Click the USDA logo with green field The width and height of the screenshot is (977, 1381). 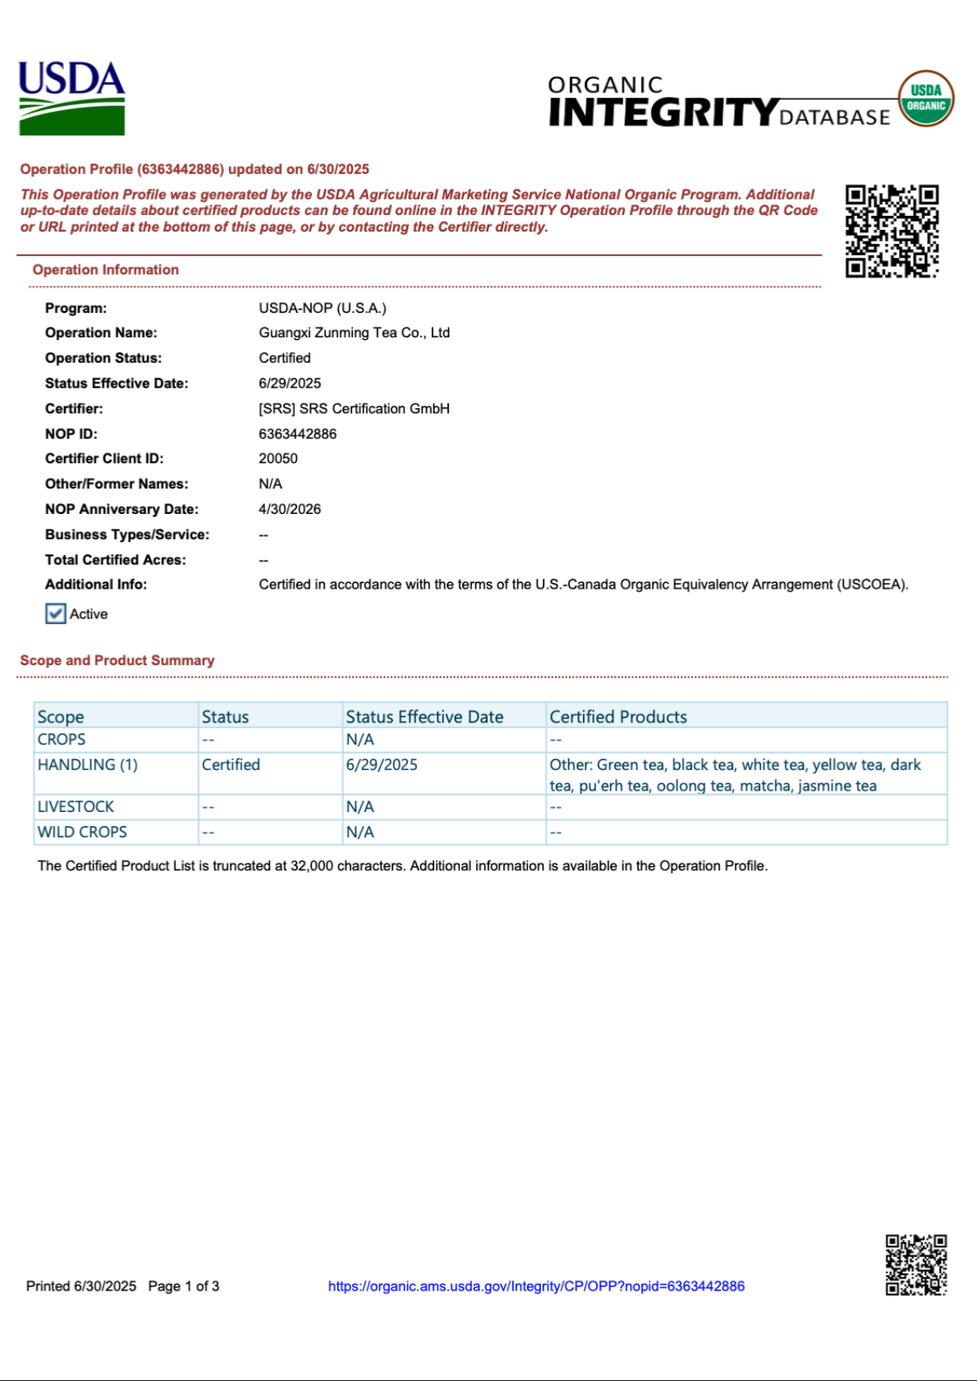coord(71,99)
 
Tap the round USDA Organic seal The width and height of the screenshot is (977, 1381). coord(925,99)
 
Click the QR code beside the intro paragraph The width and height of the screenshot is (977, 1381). coord(892,231)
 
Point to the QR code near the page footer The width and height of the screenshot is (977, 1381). coord(915,1264)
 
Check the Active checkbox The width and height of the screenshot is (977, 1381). coord(56,614)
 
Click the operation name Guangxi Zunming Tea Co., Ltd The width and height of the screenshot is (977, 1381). coord(354,333)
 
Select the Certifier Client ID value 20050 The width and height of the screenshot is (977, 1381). coord(278,458)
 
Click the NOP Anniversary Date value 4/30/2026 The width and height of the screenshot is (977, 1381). coord(290,509)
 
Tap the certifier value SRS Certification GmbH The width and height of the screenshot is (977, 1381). coord(354,408)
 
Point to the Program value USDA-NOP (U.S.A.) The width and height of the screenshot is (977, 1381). coord(322,308)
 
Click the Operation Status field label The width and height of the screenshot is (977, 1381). coord(103,358)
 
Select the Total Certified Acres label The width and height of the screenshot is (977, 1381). coord(116,560)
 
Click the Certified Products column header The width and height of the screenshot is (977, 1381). coord(618,717)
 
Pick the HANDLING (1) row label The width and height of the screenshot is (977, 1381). coord(88,764)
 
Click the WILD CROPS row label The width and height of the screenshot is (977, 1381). coord(82,832)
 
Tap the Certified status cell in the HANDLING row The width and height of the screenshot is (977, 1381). coord(231,764)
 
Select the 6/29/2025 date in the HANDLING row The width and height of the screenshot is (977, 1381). coord(382,764)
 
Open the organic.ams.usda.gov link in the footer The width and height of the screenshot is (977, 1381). coord(536,1287)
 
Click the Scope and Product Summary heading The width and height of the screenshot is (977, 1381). coord(117,660)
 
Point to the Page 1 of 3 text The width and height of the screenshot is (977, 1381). coord(184,1287)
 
